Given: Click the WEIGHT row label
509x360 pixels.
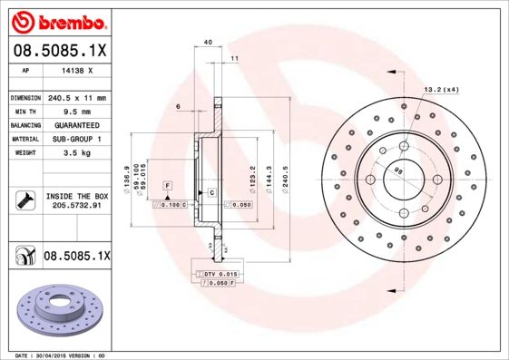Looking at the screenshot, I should click(x=24, y=153).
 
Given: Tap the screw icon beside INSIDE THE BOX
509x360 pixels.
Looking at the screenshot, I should click(x=24, y=199).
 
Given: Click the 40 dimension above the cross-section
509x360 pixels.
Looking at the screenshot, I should click(x=208, y=43).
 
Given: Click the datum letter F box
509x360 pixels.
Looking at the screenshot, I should click(x=167, y=185).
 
